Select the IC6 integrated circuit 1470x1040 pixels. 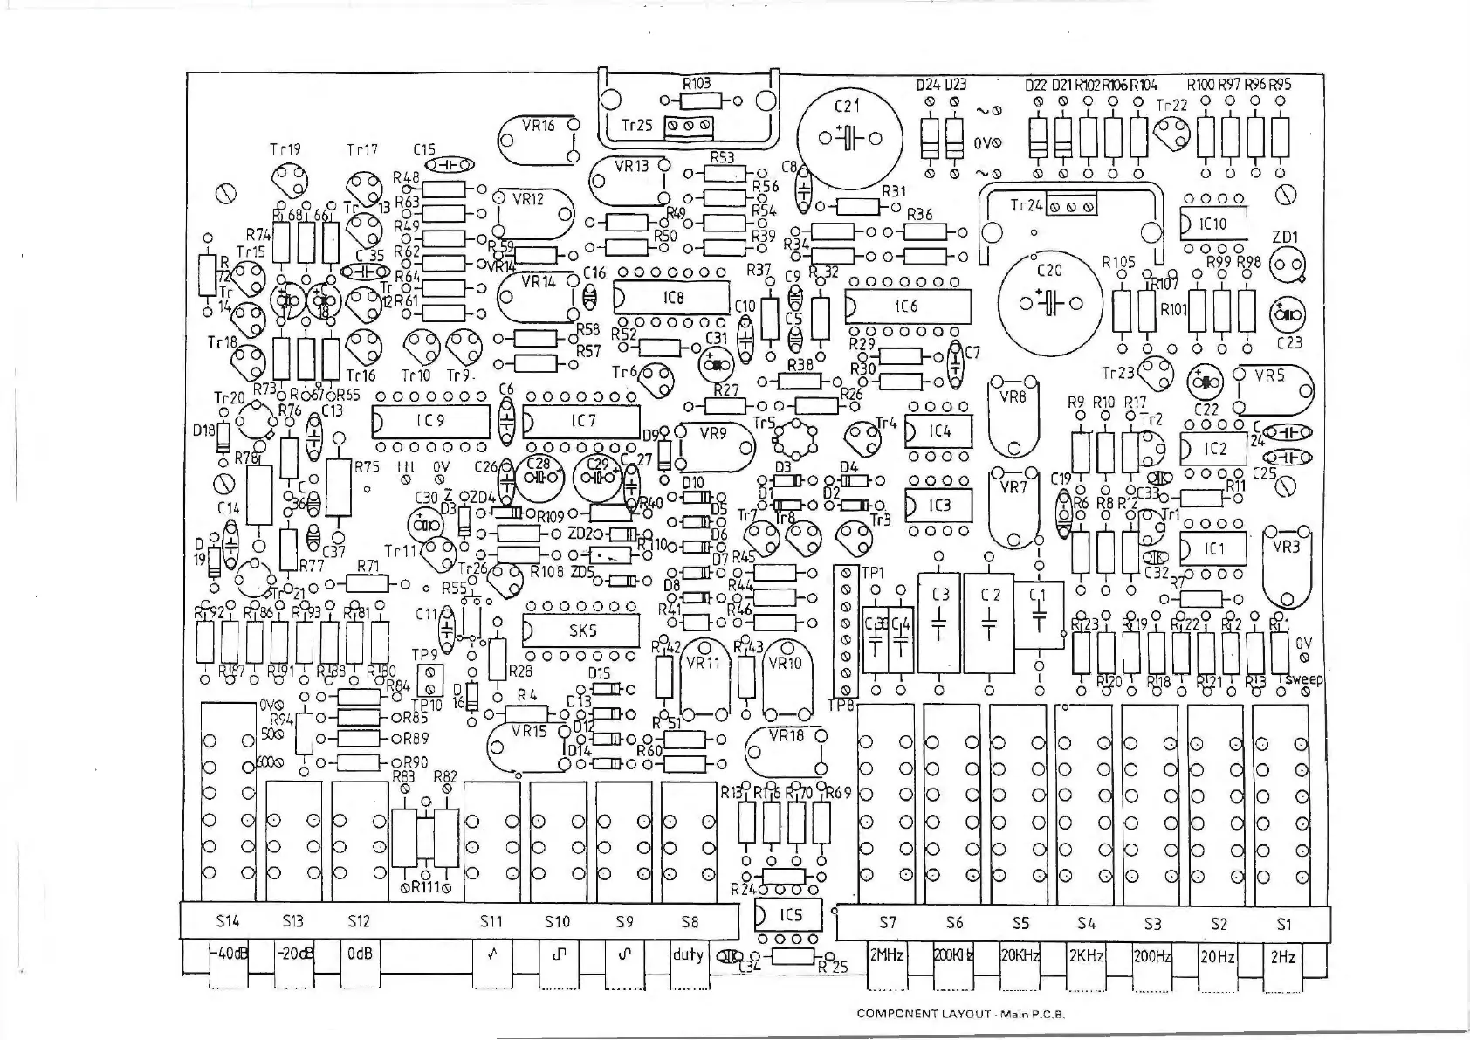908,307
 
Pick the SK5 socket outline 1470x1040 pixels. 581,630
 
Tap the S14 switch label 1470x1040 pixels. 227,920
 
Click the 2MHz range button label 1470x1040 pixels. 888,956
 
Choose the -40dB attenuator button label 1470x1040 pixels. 229,954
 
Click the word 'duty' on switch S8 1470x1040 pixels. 688,954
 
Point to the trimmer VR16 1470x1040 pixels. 539,139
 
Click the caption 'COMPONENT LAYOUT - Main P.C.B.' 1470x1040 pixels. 961,1014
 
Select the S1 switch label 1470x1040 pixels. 1283,923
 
